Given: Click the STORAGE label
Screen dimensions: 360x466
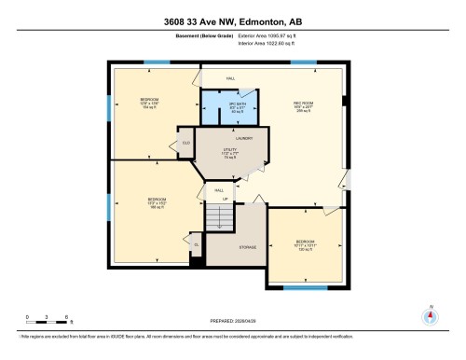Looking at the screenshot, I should point(248,247).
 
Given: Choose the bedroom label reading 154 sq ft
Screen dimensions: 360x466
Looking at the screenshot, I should point(148,102).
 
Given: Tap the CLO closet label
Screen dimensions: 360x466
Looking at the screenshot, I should point(186,144).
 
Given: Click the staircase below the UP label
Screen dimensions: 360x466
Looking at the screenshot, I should point(217,220).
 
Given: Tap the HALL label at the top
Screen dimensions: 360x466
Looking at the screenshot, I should point(230,78).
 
